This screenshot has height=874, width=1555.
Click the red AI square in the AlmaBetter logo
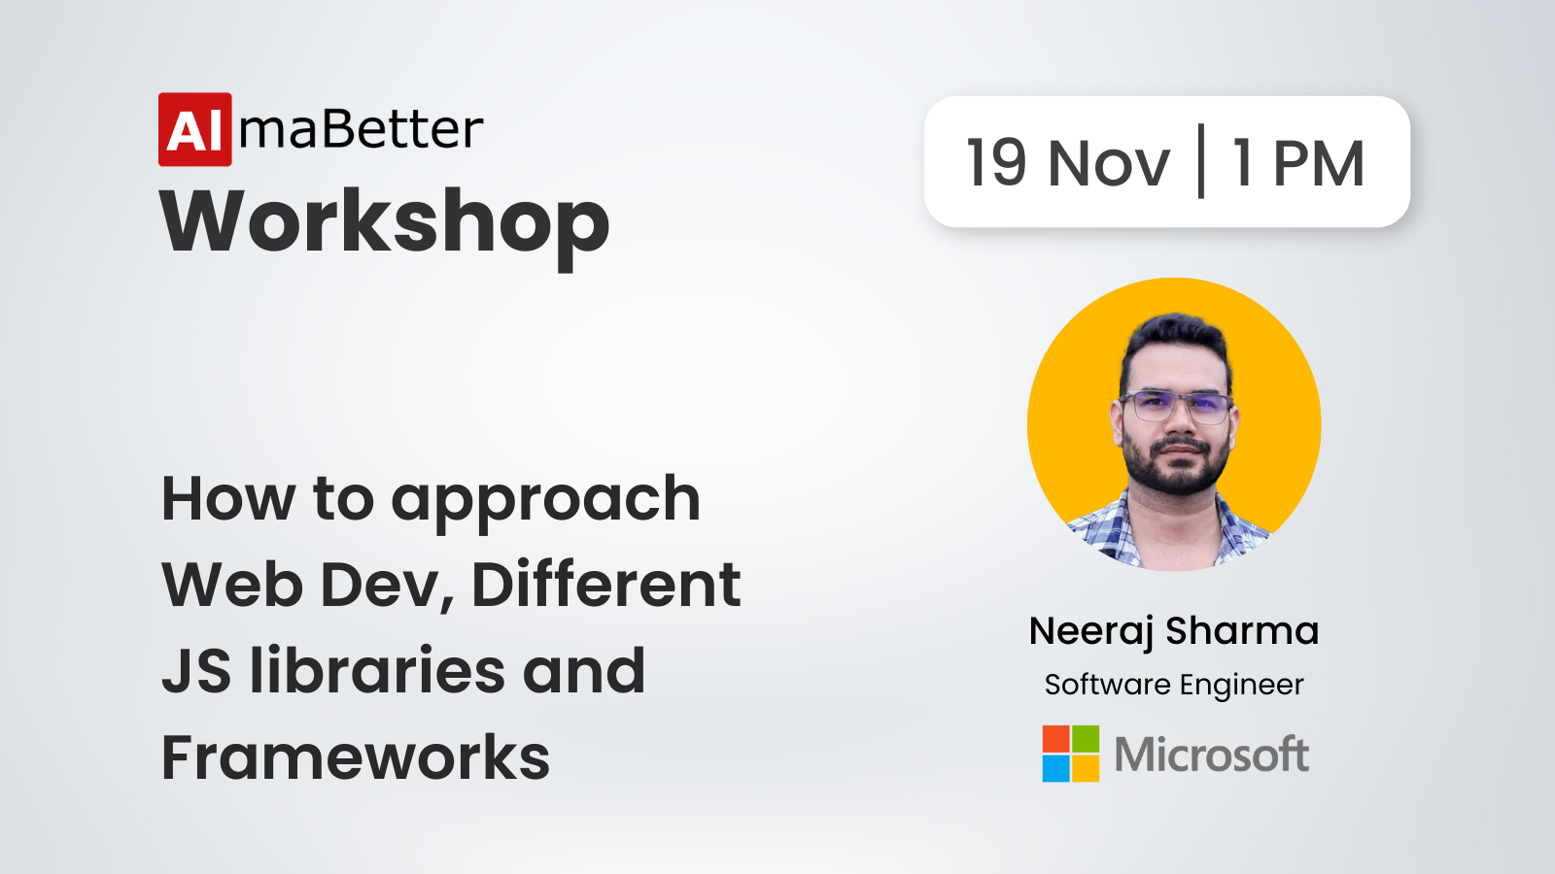pos(195,130)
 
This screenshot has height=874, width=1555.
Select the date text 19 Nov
pos(1068,163)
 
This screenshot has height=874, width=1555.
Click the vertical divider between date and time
pos(1201,161)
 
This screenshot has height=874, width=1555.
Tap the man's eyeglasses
pos(1176,407)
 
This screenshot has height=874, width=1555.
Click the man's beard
pos(1175,466)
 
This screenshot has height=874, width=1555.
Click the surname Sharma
pos(1242,630)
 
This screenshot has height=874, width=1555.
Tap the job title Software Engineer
pos(1174,686)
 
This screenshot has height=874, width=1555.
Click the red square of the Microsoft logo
pos(1055,739)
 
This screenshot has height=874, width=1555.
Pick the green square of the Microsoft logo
pos(1086,739)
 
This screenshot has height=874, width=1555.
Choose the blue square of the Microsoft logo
pos(1055,768)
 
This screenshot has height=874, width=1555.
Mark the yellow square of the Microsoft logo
pos(1086,768)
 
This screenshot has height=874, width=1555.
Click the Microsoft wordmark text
pos(1211,754)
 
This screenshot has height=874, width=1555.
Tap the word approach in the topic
pos(545,503)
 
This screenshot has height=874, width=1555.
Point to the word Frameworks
pos(356,756)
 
